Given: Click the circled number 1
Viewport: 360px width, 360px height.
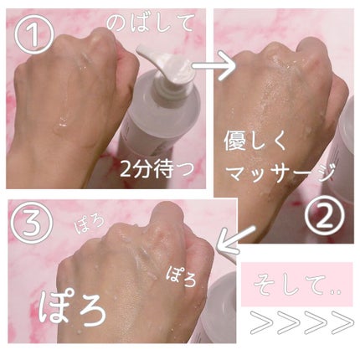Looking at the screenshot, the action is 34,35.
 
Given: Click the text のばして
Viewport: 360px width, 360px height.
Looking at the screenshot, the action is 149,23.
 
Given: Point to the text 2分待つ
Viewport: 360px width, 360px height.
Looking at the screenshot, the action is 157,169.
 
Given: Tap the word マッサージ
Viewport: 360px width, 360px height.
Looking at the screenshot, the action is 279,172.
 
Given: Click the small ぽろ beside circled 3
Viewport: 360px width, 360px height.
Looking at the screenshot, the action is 89,224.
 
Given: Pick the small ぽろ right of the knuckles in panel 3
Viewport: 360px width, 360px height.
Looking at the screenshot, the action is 181,276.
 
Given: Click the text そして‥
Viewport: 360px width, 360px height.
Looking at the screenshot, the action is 296,285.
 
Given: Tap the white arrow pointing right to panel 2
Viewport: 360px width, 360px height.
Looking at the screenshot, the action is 214,66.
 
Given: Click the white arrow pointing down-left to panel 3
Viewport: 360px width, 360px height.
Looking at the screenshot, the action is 235,240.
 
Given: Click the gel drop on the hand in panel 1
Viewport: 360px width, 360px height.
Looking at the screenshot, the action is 61,122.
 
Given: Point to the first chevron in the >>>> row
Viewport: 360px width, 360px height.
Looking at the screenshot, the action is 260,322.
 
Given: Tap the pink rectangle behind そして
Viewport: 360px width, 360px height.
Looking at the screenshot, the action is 296,285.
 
